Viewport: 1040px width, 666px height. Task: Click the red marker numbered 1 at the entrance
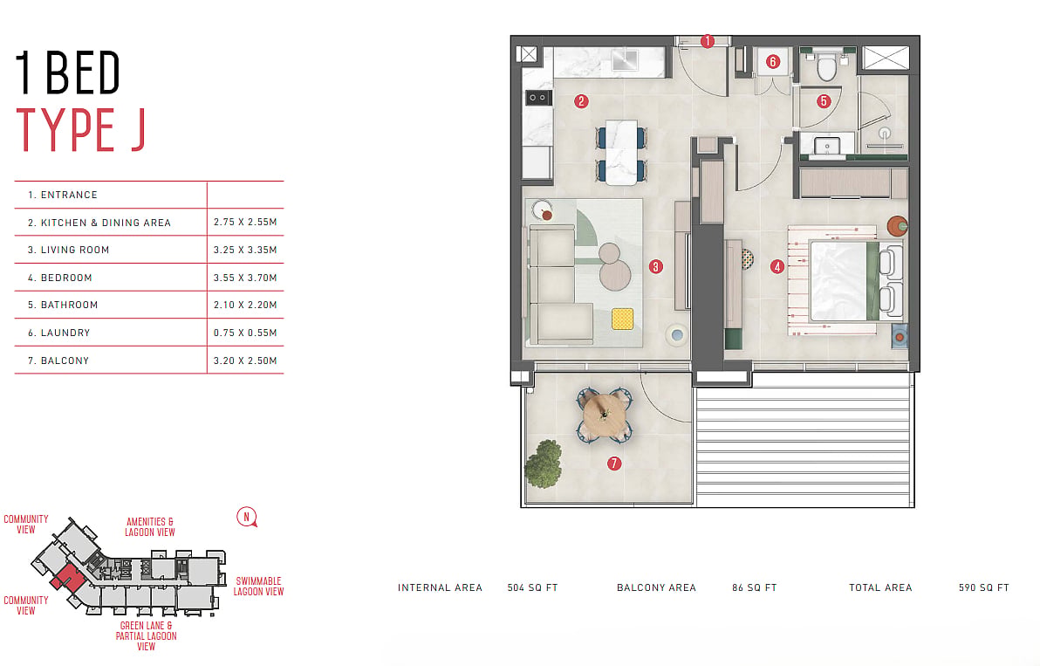(707, 41)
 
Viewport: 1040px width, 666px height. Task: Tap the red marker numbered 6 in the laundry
(773, 62)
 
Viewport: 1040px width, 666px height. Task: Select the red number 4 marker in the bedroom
(777, 267)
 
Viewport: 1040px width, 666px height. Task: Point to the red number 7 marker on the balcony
(614, 463)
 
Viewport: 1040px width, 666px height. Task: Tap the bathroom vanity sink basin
(826, 145)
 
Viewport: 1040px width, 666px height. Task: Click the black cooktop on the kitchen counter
(538, 98)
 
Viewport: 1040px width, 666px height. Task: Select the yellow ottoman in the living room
(622, 319)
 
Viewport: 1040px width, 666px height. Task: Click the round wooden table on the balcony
(605, 415)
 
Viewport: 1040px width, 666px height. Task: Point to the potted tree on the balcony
(544, 463)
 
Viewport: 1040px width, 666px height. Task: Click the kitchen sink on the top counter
(625, 60)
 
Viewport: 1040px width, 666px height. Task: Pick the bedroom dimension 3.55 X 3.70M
(245, 278)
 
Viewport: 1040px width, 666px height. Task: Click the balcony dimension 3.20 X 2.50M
(245, 360)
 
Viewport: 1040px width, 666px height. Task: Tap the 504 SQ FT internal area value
(532, 587)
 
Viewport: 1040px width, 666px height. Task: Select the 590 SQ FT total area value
(983, 587)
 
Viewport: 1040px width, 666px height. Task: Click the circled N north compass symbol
(247, 517)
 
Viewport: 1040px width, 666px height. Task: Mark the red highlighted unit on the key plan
(68, 579)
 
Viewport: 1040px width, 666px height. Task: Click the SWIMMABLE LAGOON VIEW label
(258, 587)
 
